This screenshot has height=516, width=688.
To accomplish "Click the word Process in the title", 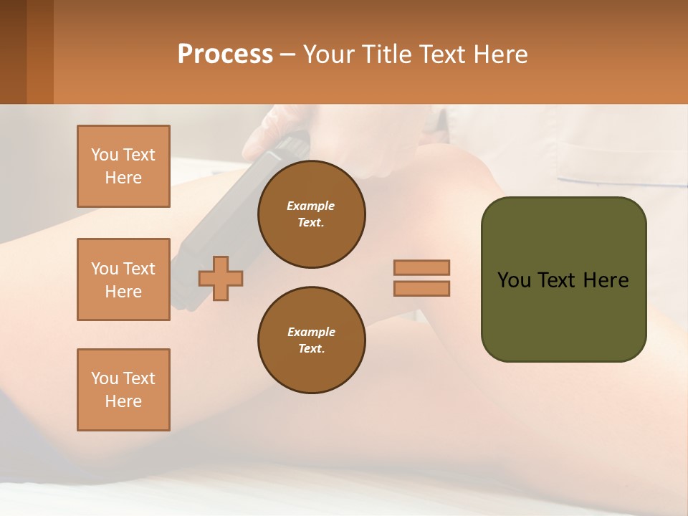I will pyautogui.click(x=225, y=54).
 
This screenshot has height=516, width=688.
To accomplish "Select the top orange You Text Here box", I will pyautogui.click(x=123, y=166).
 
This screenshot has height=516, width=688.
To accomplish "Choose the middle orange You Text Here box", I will pyautogui.click(x=123, y=279).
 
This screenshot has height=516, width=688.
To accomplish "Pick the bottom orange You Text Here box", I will pyautogui.click(x=123, y=390).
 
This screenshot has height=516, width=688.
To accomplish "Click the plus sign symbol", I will pyautogui.click(x=221, y=278).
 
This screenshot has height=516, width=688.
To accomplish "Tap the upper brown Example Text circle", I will pyautogui.click(x=311, y=214).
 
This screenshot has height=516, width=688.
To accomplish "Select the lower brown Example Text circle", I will pyautogui.click(x=311, y=340).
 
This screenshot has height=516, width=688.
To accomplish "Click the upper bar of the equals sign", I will pyautogui.click(x=421, y=267).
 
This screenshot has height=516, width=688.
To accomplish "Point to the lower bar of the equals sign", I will pyautogui.click(x=421, y=288).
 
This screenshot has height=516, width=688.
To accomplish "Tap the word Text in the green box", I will pyautogui.click(x=557, y=280).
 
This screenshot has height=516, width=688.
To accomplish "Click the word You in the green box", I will pyautogui.click(x=514, y=280).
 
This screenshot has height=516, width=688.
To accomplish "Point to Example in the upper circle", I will pyautogui.click(x=310, y=206).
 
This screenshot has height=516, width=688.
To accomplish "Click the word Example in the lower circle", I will pyautogui.click(x=311, y=332).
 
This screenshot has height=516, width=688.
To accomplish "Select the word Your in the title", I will pyautogui.click(x=329, y=54).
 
